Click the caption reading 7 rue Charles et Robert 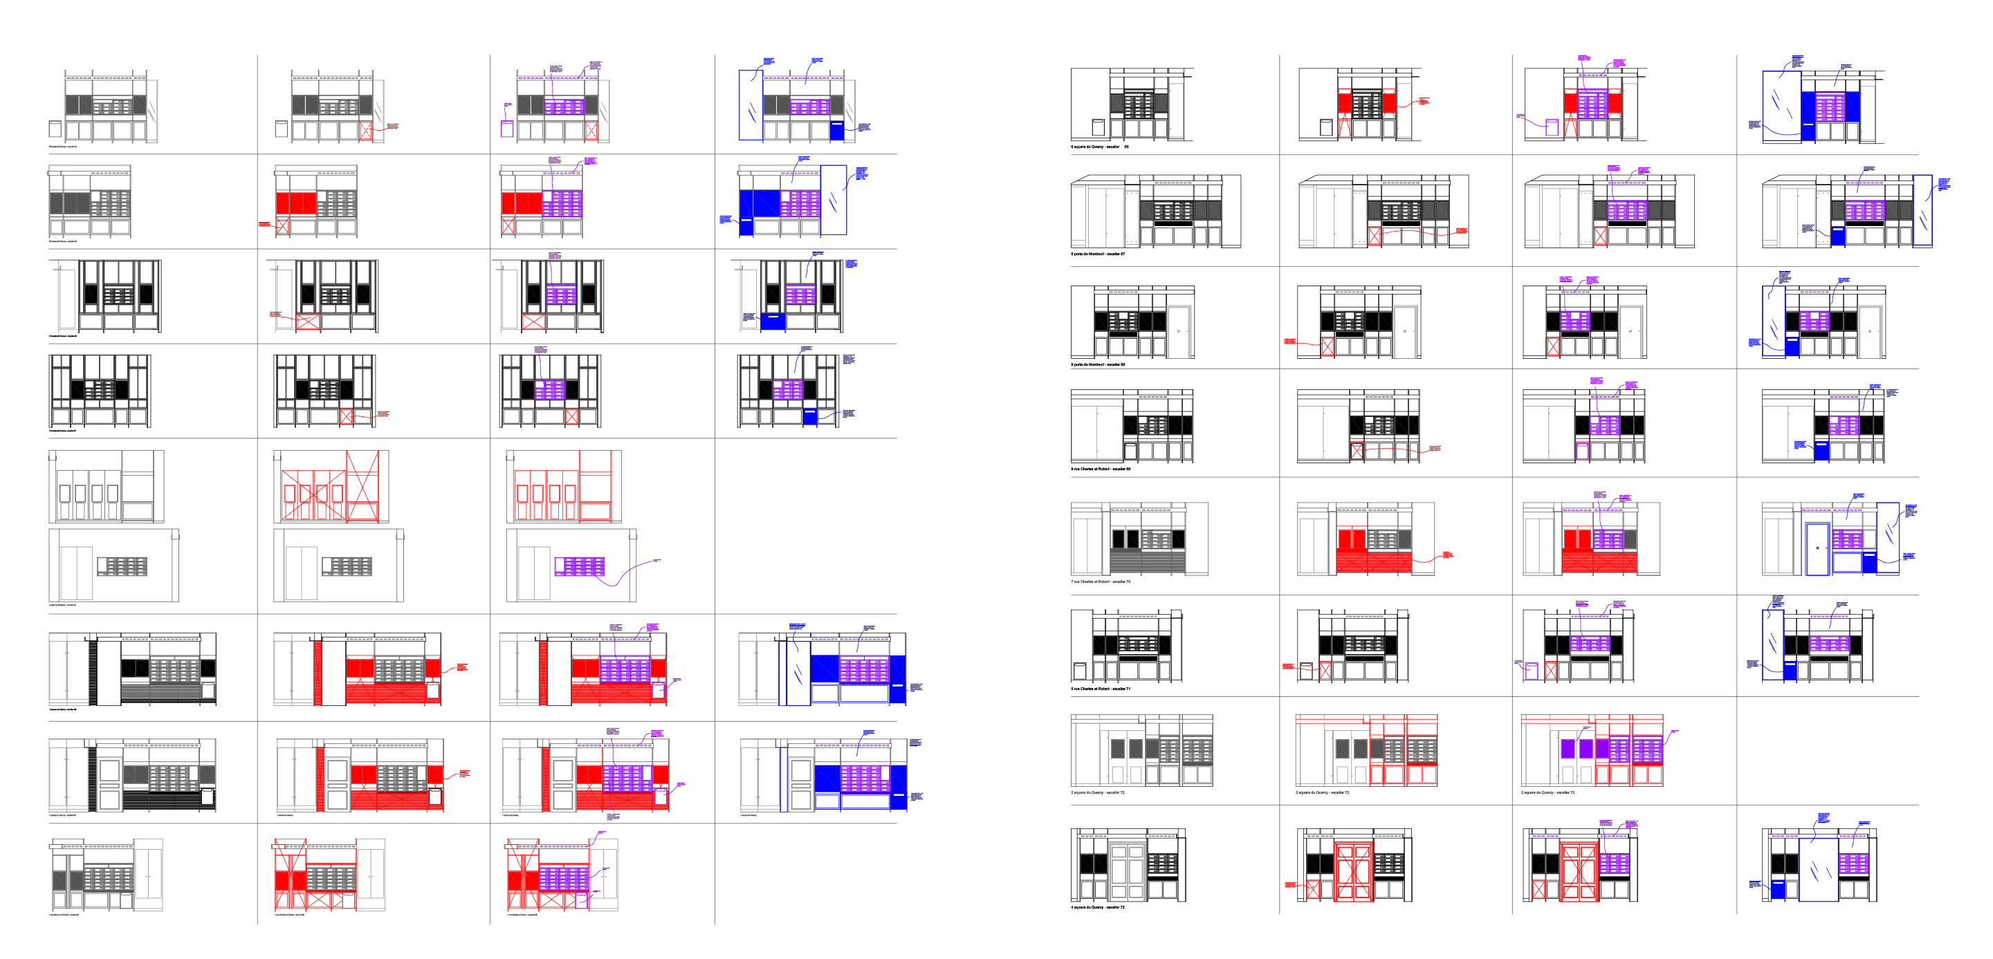pyautogui.click(x=1100, y=581)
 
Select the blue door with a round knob pyautogui.click(x=1817, y=548)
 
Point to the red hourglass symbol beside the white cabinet pyautogui.click(x=1345, y=126)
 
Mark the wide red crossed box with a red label pyautogui.click(x=308, y=321)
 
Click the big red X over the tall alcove pyautogui.click(x=362, y=485)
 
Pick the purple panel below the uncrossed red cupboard pyautogui.click(x=580, y=566)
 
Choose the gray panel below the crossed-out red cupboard pyautogui.click(x=347, y=566)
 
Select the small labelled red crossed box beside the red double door pyautogui.click(x=1313, y=889)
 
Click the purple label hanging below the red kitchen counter pyautogui.click(x=613, y=817)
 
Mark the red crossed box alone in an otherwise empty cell pyautogui.click(x=346, y=416)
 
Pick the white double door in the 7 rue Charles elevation pyautogui.click(x=1087, y=546)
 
